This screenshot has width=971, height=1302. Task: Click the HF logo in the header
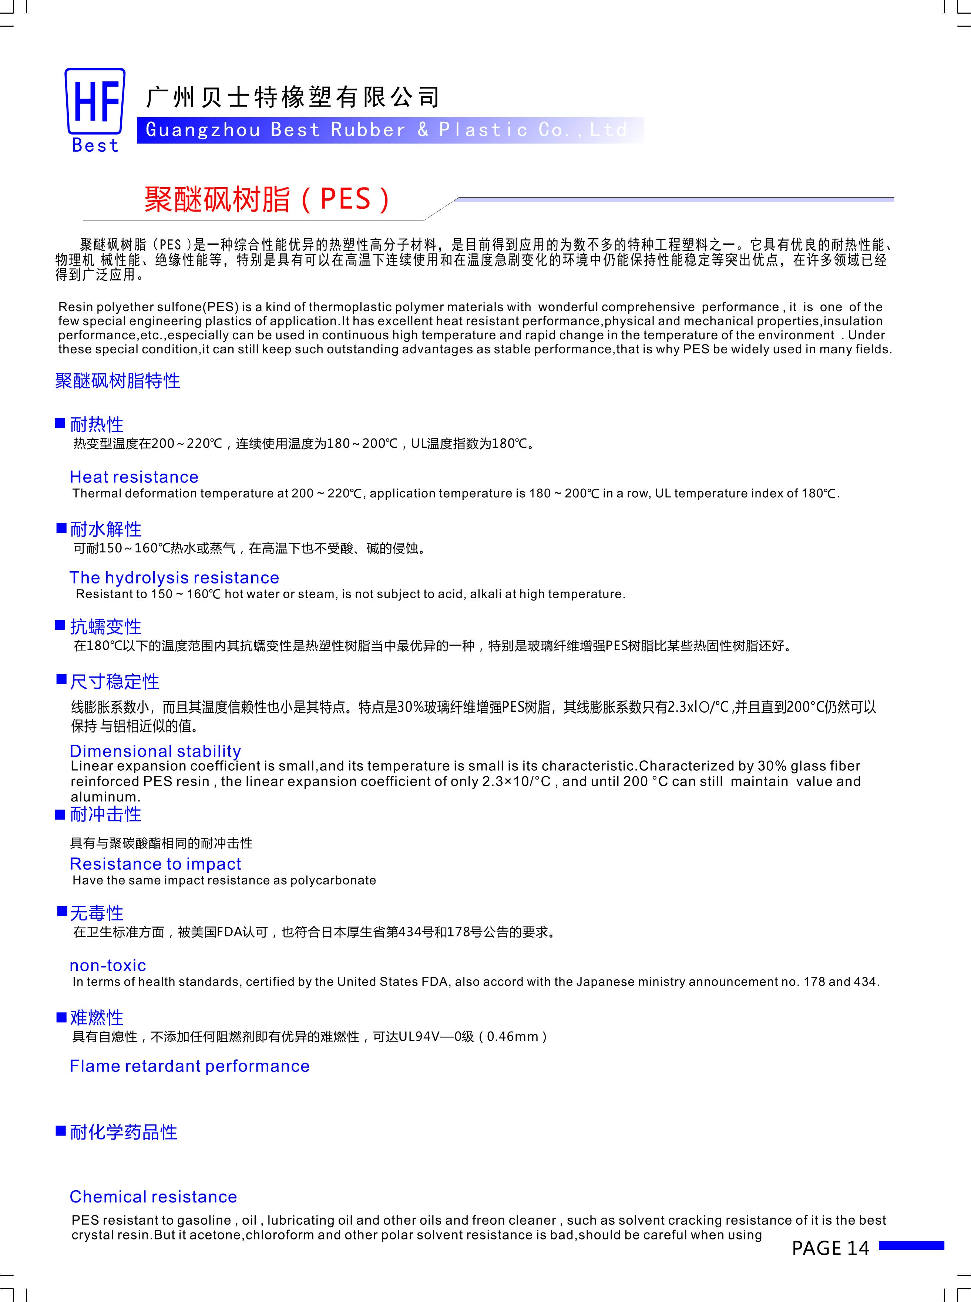point(95,101)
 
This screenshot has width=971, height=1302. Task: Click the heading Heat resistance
point(134,477)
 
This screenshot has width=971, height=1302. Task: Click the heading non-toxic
point(108,965)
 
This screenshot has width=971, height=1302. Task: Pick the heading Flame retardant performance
point(189,1066)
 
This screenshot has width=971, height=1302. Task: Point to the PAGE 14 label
point(830,1248)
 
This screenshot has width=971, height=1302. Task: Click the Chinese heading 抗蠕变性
point(106,626)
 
